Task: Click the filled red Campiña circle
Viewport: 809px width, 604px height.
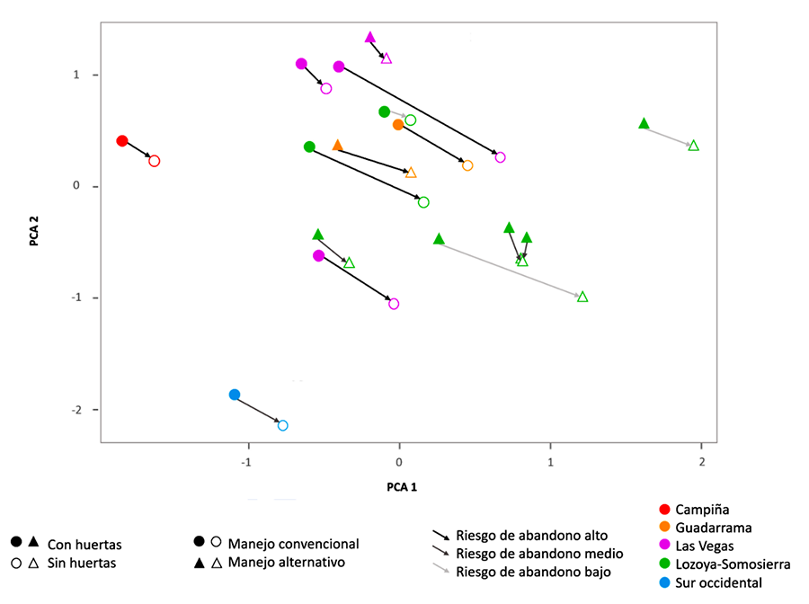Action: tap(122, 141)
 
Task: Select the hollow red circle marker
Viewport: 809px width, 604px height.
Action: tap(155, 161)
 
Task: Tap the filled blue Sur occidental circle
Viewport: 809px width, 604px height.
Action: tap(235, 395)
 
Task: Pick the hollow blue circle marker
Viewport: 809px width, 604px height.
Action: tap(282, 425)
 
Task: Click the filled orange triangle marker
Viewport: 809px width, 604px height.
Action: tap(338, 146)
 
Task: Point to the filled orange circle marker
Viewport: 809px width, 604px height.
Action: tap(398, 125)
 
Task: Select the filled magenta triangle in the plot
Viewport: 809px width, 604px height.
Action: tap(370, 38)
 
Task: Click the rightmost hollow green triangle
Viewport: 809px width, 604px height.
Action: tap(693, 146)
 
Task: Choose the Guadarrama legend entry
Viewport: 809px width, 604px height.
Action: tap(713, 528)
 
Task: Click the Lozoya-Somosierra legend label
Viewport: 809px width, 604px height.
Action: tap(733, 564)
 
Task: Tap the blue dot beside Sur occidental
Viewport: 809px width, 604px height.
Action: tap(664, 582)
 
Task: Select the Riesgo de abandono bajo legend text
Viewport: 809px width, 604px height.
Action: tap(533, 572)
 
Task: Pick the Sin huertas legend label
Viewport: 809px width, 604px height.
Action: tap(82, 563)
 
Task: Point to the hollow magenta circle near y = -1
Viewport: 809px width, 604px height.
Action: tap(394, 304)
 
